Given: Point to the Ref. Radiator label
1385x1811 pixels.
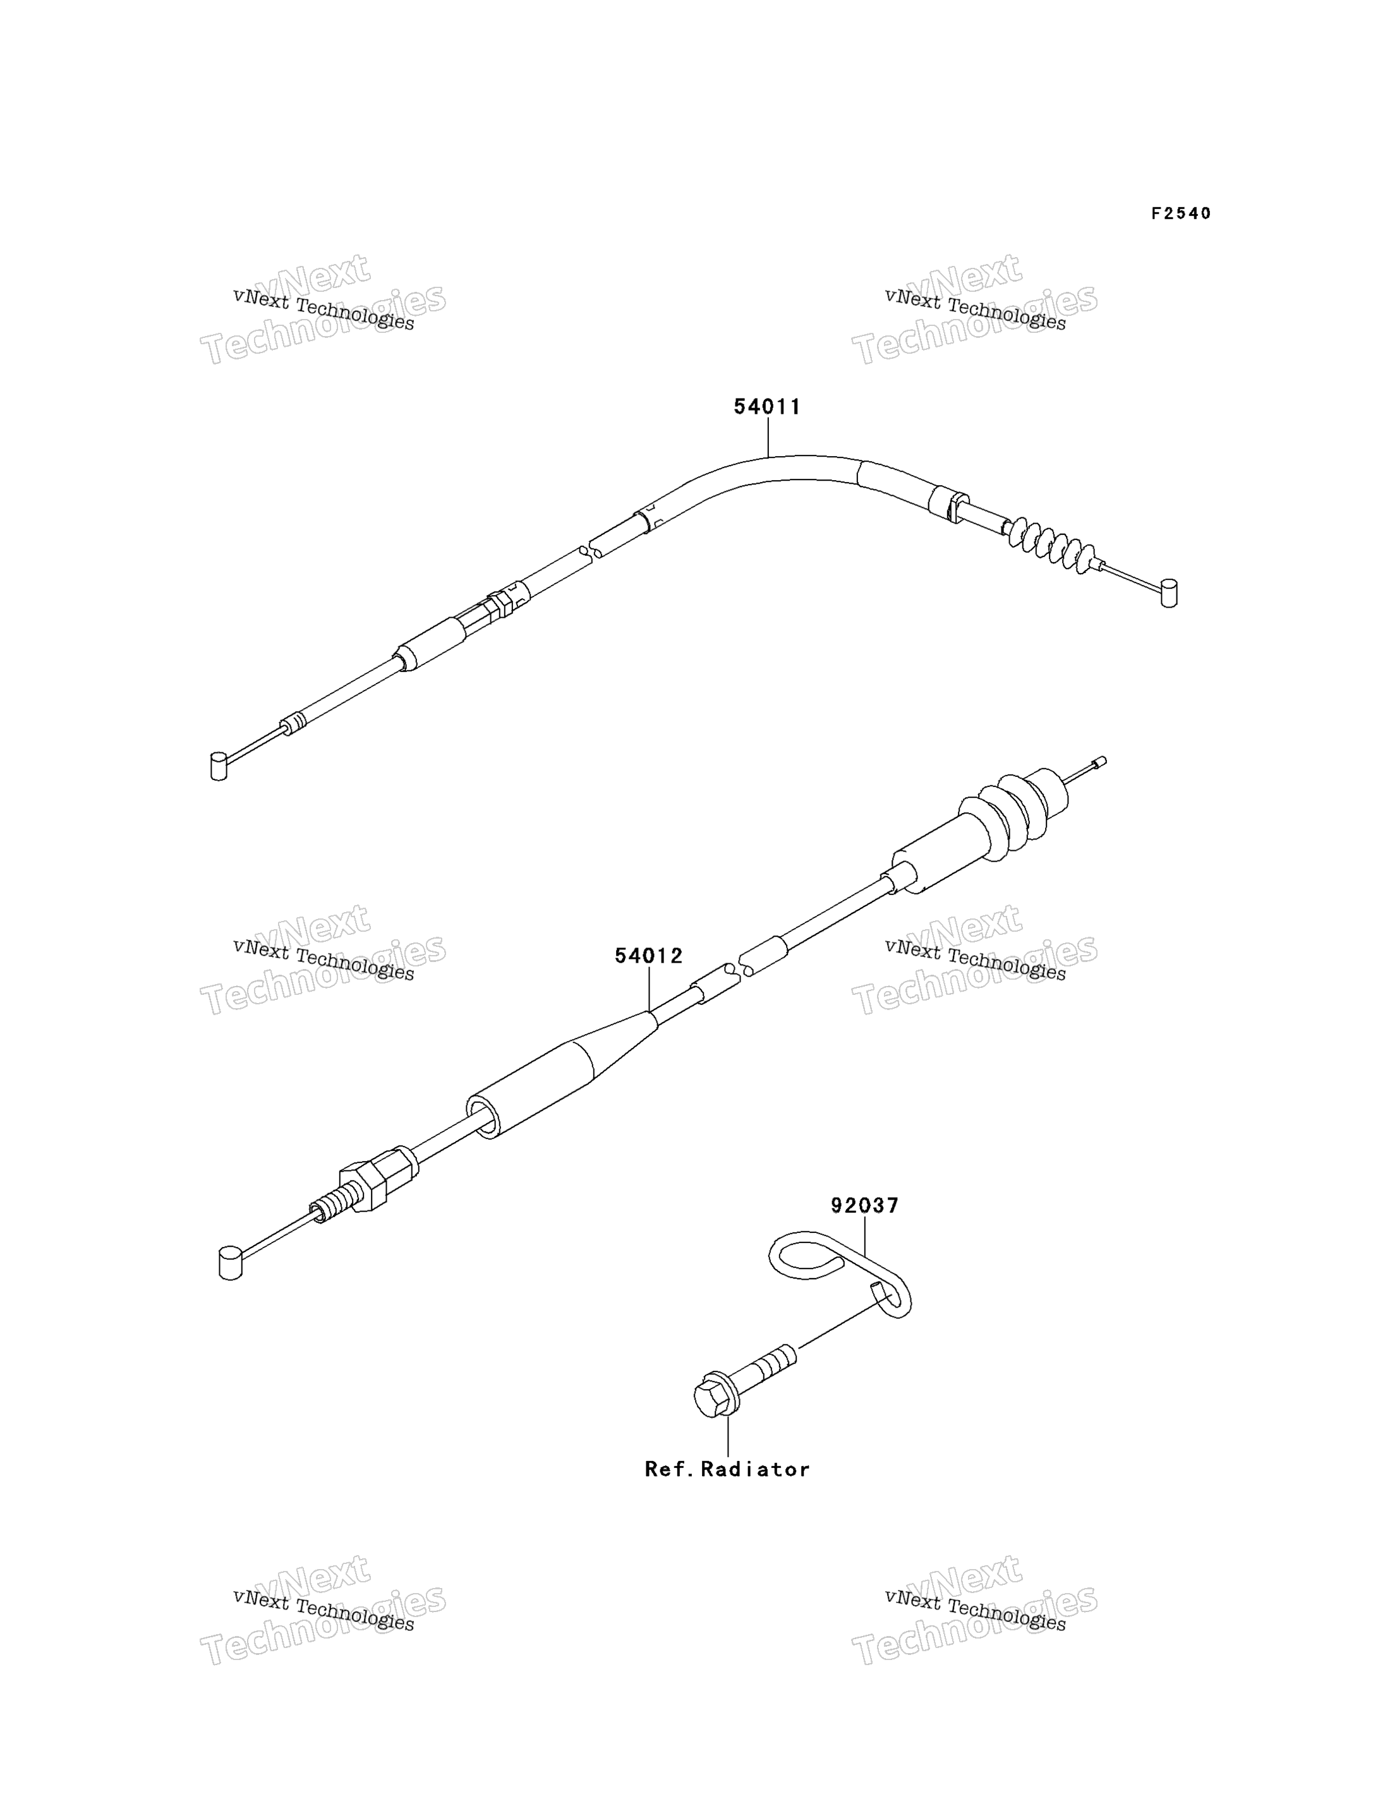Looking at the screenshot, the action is click(727, 1469).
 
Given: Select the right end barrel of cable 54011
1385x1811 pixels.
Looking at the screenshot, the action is click(1169, 593).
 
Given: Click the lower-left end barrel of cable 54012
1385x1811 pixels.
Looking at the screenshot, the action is click(230, 1264).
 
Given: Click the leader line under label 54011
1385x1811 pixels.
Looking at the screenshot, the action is click(768, 437).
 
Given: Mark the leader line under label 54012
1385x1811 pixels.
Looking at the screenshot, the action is click(649, 989).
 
